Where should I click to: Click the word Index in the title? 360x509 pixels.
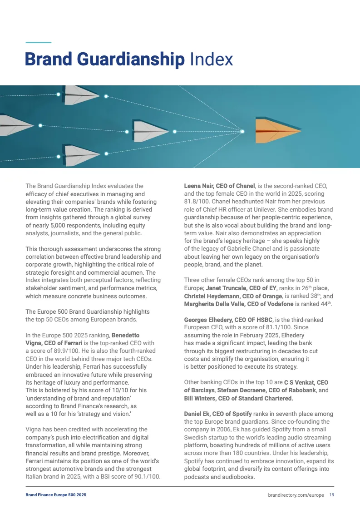tap(211, 59)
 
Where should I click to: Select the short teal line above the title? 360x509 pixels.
tap(39, 43)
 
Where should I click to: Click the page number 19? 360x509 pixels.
tap(332, 495)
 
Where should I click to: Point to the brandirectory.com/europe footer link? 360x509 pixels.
tap(296, 495)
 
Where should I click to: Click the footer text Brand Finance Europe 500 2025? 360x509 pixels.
tap(56, 495)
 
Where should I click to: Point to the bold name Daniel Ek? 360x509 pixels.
tap(198, 414)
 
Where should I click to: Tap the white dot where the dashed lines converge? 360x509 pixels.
tap(242, 131)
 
